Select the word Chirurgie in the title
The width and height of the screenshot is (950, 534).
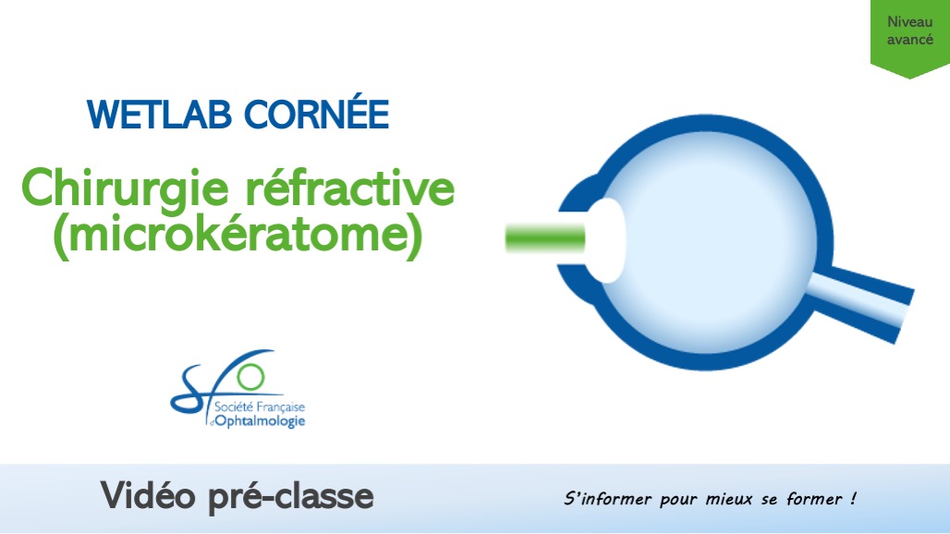(x=119, y=188)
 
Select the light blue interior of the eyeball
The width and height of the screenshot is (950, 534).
(x=712, y=249)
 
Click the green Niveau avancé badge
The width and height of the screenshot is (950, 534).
(x=909, y=37)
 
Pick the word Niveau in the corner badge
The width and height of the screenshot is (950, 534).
(x=909, y=22)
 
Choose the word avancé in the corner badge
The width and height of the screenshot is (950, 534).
(x=909, y=40)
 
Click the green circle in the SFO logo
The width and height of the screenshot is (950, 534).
(x=250, y=376)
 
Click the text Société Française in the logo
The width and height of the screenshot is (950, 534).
(x=259, y=407)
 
